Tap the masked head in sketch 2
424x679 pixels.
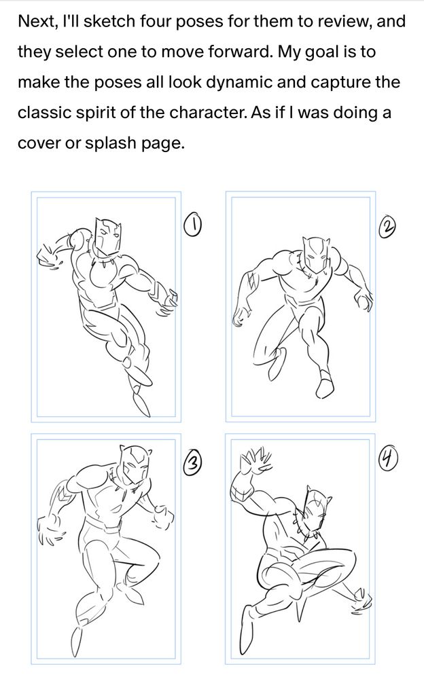click(316, 255)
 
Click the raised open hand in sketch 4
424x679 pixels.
click(256, 459)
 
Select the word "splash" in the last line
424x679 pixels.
click(111, 143)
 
